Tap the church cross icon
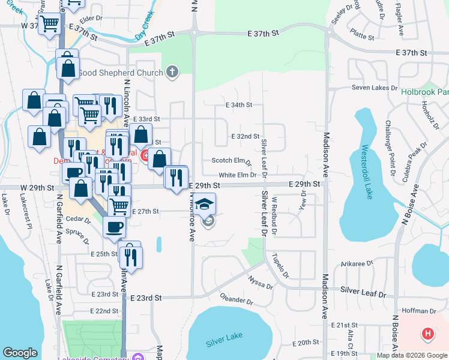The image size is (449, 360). [x=173, y=73]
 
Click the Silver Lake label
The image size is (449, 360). [x=223, y=341]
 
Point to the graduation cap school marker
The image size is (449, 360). [x=205, y=203]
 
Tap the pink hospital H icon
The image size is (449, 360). [x=427, y=333]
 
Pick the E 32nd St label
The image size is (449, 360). [x=245, y=137]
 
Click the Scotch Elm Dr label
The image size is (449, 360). [x=231, y=161]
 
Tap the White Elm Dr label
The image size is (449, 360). [x=241, y=175]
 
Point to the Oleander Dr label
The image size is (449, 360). [x=237, y=299]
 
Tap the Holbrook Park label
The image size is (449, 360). [x=424, y=92]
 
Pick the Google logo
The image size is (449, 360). [x=20, y=353]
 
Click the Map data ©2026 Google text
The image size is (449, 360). [x=411, y=355]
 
